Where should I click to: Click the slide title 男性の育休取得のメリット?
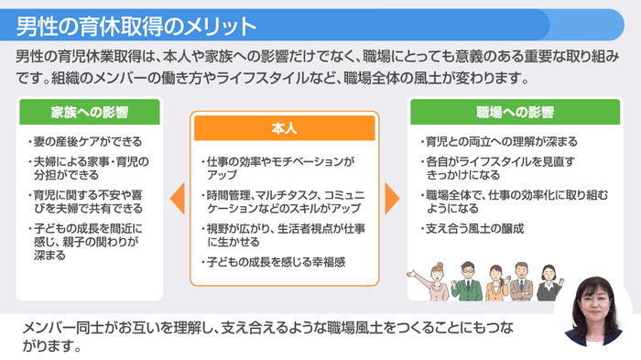tap(136, 21)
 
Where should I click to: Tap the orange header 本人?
tap(284, 127)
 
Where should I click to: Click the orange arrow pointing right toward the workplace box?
tap(392, 196)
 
